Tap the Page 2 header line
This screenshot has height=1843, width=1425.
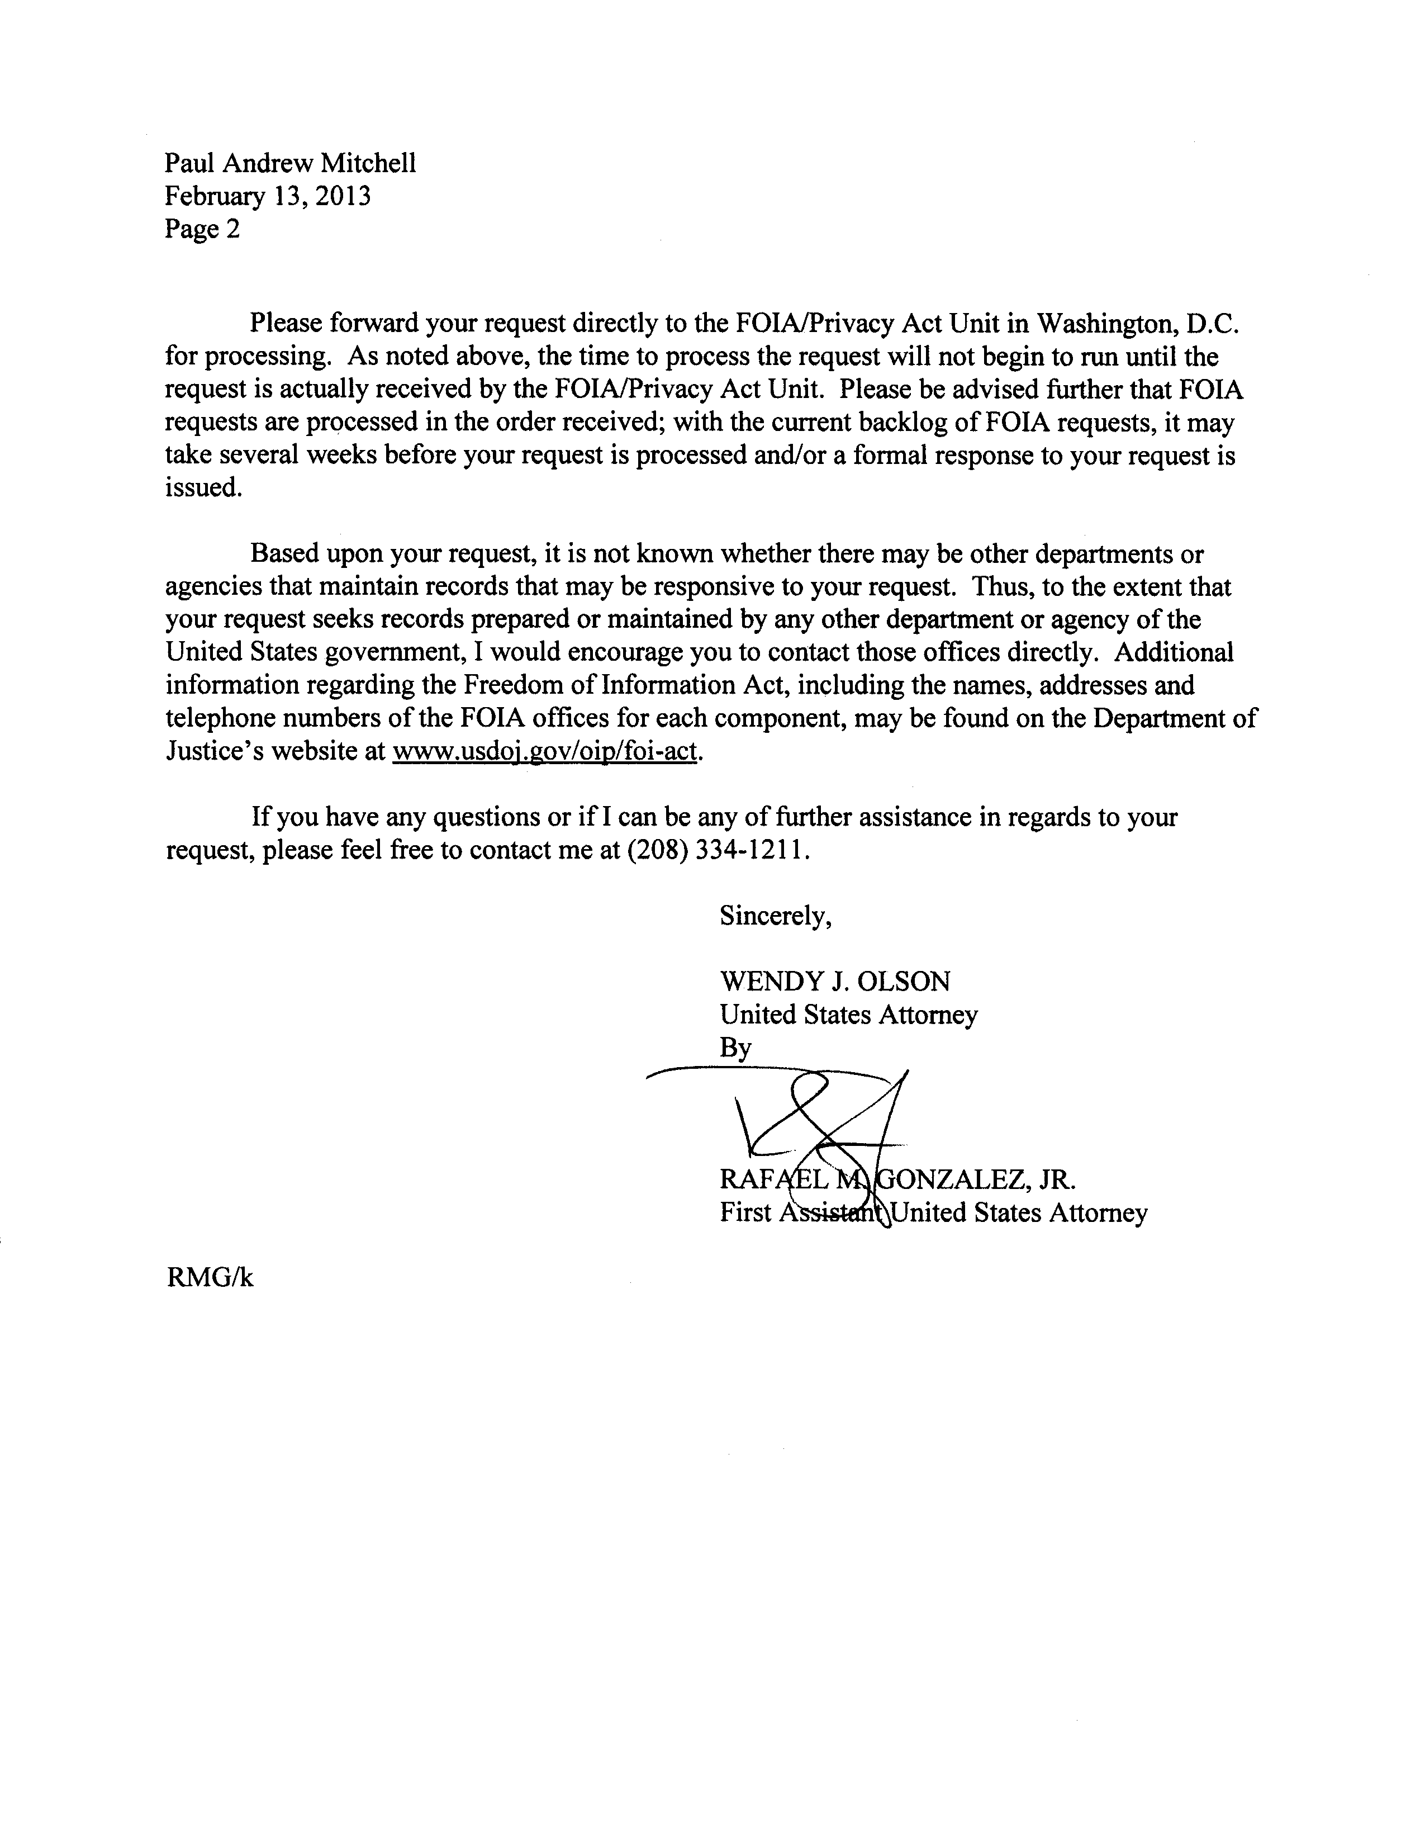click(202, 229)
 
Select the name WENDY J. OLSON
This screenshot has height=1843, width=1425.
click(834, 982)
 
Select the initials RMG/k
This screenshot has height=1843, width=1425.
click(210, 1278)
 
